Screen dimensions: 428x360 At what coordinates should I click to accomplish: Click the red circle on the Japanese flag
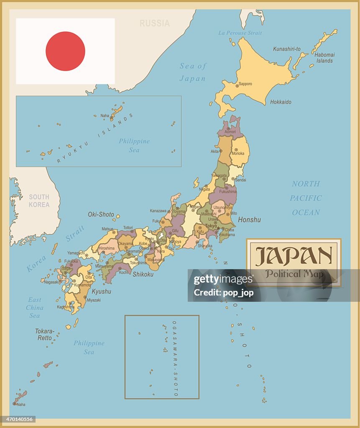65,51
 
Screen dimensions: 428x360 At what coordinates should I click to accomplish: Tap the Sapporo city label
245,84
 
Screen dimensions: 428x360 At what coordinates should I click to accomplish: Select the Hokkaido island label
281,102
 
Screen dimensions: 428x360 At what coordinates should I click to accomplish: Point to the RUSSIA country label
155,23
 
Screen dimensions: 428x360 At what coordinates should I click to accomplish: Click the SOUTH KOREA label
39,201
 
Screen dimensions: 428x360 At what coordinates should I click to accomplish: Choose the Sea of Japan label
193,72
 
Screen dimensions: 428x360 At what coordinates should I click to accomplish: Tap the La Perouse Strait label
240,33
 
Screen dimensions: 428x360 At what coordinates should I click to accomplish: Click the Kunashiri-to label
287,49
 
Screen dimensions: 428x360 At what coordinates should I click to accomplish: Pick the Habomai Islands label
325,58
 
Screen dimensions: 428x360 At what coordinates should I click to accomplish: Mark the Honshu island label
249,220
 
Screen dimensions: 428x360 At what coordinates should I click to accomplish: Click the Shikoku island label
143,275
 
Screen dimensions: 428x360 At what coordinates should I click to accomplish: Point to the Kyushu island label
102,291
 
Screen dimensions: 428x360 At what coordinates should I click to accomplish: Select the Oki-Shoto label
101,214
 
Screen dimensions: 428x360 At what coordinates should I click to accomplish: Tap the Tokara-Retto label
45,334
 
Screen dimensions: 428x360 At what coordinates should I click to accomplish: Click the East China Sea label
35,308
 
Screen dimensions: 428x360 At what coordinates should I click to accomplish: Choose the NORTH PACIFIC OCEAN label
306,198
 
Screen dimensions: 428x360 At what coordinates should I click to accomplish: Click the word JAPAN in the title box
294,256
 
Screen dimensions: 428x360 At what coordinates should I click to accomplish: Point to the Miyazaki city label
94,300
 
